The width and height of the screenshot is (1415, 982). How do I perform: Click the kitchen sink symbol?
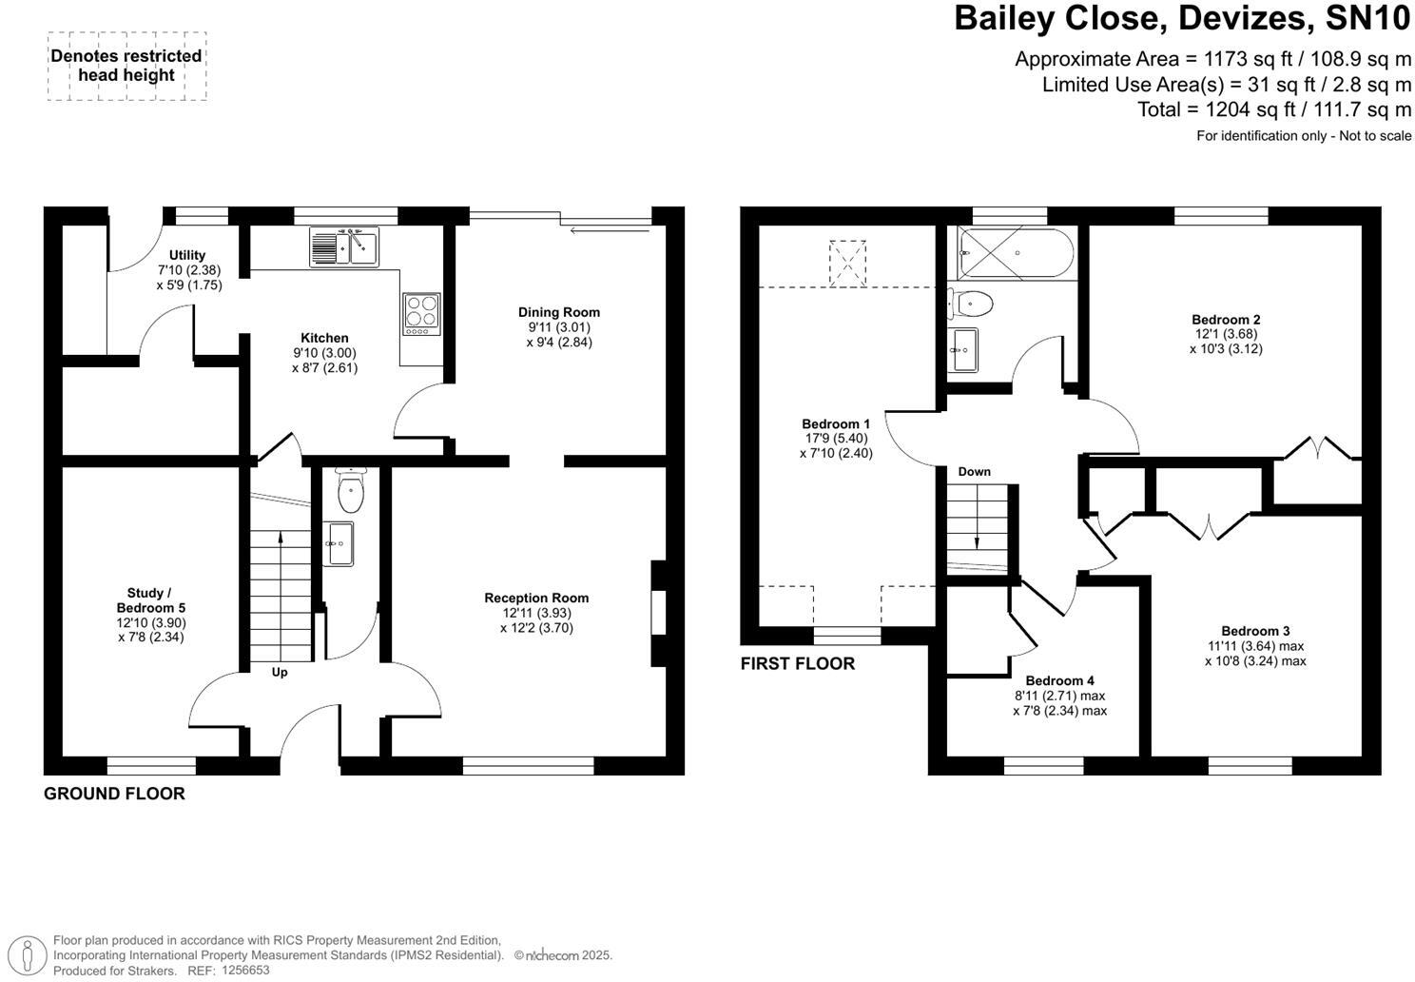[x=343, y=246]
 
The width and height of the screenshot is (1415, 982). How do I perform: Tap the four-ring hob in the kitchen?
[x=422, y=313]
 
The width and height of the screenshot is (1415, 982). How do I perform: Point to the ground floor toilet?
[x=351, y=492]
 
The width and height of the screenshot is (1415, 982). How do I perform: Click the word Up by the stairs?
[x=280, y=672]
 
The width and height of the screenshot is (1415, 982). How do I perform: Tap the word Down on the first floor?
[x=974, y=471]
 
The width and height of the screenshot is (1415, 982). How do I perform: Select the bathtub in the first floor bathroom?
[x=1016, y=253]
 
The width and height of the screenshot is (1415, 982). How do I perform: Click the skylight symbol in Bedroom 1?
[x=847, y=262]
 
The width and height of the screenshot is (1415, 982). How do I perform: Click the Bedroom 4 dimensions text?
[x=1059, y=703]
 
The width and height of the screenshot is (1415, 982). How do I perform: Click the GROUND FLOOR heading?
[x=114, y=794]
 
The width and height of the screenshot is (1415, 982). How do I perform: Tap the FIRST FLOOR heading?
[x=797, y=663]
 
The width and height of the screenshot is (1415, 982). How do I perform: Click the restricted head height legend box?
[x=126, y=66]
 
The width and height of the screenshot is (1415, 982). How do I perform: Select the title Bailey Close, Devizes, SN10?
[x=1183, y=19]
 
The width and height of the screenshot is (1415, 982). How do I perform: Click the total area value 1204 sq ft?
[x=1274, y=109]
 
